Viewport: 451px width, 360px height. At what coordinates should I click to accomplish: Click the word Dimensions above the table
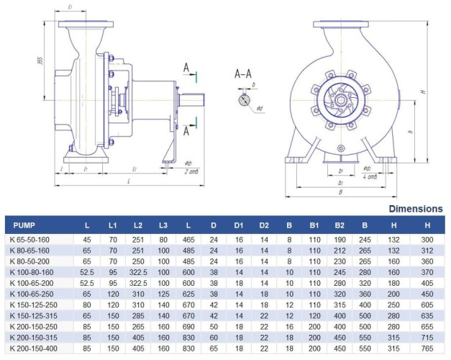tap(416, 209)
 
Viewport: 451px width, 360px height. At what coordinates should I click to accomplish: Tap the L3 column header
tap(163, 225)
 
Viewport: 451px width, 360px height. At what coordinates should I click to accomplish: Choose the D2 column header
tap(265, 225)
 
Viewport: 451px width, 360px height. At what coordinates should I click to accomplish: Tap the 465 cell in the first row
tap(188, 239)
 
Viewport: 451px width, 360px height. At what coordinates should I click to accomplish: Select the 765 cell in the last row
tap(427, 348)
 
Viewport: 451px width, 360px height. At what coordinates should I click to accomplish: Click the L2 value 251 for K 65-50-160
tap(138, 239)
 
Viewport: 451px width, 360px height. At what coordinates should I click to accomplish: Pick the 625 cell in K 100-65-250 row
tap(188, 294)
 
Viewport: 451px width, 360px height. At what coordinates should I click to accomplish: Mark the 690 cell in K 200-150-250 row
tap(188, 326)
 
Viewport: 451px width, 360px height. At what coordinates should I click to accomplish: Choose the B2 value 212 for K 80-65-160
tap(339, 250)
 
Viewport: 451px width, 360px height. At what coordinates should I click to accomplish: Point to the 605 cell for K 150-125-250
tap(427, 305)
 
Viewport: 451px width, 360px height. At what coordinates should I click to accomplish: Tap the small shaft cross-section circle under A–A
tap(241, 100)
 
